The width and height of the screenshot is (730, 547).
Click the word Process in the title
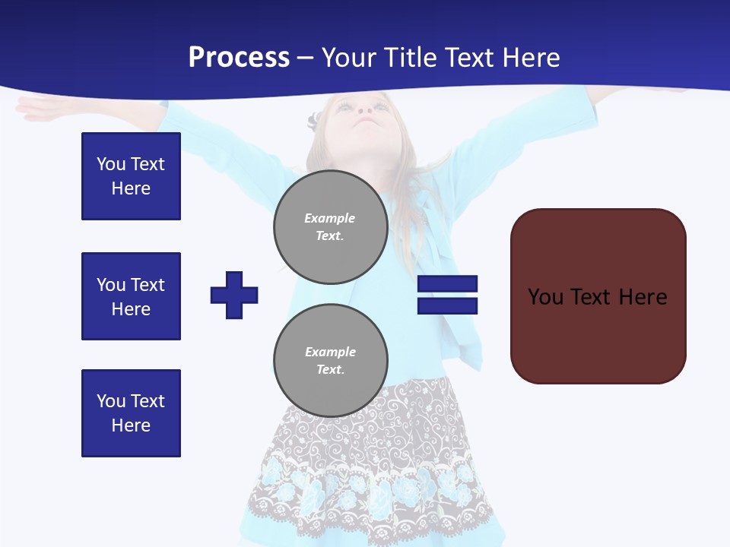239,58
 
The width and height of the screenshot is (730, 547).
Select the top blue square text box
131,176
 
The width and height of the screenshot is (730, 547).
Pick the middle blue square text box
131,296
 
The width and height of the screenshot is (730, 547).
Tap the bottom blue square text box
131,413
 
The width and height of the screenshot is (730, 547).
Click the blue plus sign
234,295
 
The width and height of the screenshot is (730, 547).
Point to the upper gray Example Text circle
330,226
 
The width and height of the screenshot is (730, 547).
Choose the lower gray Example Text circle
330,360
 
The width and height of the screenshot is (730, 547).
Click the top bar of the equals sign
447,284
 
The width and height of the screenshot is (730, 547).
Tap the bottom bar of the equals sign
447,305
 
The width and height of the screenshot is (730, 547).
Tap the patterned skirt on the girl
373,456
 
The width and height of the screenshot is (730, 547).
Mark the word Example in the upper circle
330,218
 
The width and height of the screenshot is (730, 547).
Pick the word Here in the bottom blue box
131,425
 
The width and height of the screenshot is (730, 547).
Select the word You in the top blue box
110,164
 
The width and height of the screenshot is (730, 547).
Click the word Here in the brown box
643,297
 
